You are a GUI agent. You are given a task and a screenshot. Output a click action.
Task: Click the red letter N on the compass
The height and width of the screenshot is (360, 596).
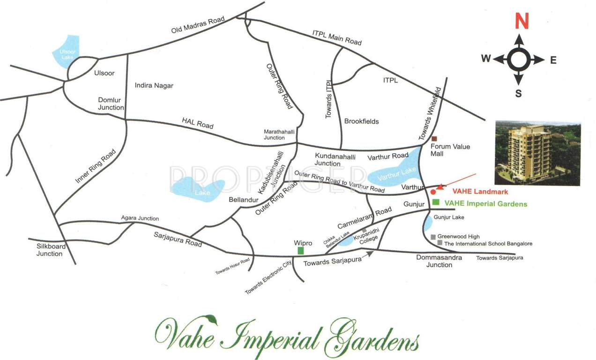521,21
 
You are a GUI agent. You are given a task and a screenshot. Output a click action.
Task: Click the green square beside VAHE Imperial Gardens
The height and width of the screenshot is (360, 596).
436,202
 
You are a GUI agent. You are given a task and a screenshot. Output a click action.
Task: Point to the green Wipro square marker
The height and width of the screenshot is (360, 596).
300,251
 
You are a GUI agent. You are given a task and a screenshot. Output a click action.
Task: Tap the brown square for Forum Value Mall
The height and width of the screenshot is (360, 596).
434,138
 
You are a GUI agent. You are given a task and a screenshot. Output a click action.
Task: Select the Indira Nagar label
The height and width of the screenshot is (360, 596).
154,85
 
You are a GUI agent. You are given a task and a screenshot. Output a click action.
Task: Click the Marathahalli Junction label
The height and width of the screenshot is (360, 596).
279,135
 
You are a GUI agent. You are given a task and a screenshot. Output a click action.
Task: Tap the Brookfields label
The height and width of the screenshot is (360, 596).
361,121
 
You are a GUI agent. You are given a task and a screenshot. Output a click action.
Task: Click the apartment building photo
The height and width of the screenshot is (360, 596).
537,153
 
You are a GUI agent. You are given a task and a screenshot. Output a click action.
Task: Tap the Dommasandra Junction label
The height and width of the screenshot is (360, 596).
439,261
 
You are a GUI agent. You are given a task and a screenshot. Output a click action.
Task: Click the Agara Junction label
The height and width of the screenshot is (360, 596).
140,218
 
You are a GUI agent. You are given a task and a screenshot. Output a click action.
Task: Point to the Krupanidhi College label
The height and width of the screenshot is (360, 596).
366,240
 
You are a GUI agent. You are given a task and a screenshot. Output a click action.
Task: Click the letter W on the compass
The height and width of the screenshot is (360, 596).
485,59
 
